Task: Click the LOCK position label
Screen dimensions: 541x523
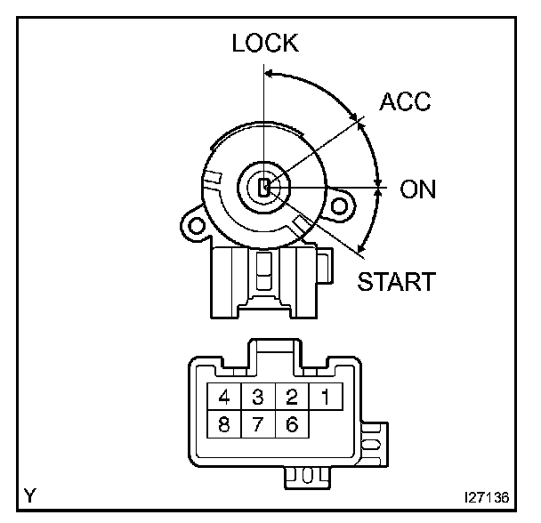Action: click(x=265, y=43)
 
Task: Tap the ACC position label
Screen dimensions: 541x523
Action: click(x=404, y=101)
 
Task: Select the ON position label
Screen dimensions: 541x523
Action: click(x=418, y=189)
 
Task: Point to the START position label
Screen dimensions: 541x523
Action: click(x=397, y=282)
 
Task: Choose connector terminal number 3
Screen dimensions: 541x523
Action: click(x=258, y=396)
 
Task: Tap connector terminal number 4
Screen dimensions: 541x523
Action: click(x=225, y=396)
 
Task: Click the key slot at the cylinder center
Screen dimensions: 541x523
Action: click(x=264, y=188)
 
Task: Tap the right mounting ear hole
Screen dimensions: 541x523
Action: click(x=339, y=207)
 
